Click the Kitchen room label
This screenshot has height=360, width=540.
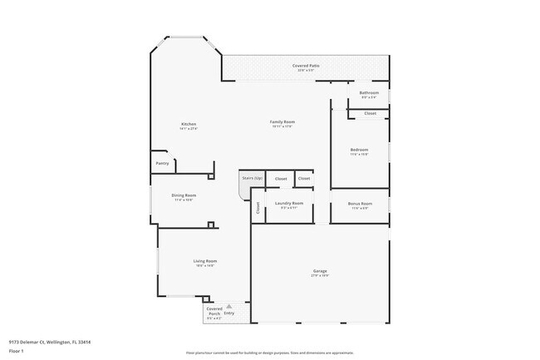[x=189, y=124]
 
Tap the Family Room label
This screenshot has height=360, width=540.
[x=282, y=122]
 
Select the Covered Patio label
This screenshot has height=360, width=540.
[x=306, y=66]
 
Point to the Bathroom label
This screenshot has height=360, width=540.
[x=369, y=92]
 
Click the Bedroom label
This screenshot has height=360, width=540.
[x=359, y=150]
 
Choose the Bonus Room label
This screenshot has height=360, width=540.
[x=360, y=204]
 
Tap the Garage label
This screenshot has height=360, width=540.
[x=320, y=271]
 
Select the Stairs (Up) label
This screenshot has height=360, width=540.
[x=252, y=178]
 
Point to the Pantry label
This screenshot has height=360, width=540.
[x=162, y=163]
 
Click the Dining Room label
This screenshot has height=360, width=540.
[x=184, y=195]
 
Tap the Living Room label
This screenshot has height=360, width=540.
[x=204, y=261]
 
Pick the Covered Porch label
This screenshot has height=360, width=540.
[x=214, y=314]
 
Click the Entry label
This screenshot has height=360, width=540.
[x=228, y=313]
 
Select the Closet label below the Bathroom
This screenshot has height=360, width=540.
[x=370, y=113]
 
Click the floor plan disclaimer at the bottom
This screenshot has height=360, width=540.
[x=269, y=353]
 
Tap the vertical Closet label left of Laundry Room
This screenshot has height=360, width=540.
[x=258, y=210]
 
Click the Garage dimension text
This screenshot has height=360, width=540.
[x=320, y=275]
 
